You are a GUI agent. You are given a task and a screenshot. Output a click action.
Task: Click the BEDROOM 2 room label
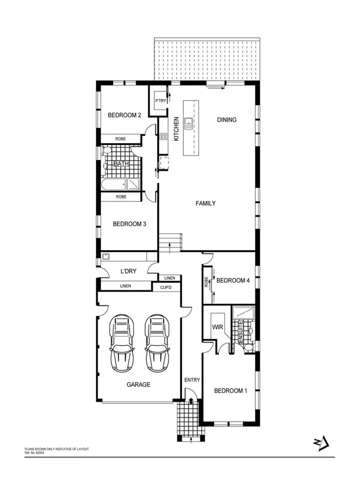124,115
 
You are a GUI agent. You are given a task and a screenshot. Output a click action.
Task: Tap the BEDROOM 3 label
129,224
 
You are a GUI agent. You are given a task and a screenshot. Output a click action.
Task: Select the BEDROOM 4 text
233,281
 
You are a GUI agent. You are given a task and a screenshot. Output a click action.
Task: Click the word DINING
227,120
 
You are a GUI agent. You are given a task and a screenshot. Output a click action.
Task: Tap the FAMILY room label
206,204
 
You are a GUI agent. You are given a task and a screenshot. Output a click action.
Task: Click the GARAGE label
138,384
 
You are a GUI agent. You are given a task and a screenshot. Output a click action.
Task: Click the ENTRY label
192,380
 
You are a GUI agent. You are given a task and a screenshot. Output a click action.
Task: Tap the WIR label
215,327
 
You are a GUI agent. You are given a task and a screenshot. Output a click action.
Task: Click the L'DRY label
129,271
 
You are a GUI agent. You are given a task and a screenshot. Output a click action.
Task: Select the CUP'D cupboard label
166,288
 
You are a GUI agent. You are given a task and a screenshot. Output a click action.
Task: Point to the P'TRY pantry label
160,101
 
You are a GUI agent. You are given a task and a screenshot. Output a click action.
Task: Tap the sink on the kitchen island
189,122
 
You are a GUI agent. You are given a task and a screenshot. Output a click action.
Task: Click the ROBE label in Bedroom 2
120,139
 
